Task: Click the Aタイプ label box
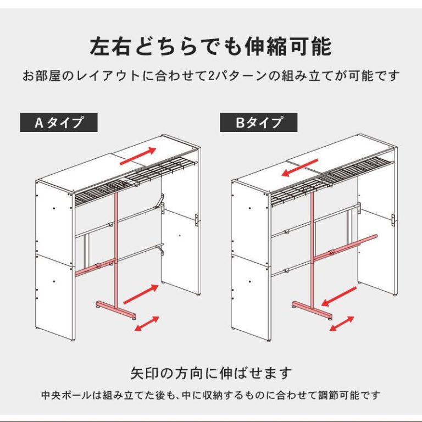tap(59, 123)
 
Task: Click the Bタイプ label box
tap(259, 123)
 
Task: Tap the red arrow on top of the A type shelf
tap(138, 156)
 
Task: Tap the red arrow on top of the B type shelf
tap(300, 168)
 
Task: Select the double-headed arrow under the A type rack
tap(147, 324)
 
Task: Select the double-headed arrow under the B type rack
tap(342, 324)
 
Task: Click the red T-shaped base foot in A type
tap(116, 309)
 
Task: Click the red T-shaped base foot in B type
tap(313, 309)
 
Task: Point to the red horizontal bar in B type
tap(345, 248)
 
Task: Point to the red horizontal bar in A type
tap(95, 267)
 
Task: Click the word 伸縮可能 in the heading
tap(288, 47)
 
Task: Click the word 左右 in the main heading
tap(110, 47)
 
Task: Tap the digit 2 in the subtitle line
tap(211, 76)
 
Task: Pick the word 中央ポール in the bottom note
tap(66, 396)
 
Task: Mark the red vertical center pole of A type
tap(116, 247)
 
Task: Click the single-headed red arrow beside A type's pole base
tap(141, 294)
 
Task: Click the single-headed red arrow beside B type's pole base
tap(339, 297)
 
